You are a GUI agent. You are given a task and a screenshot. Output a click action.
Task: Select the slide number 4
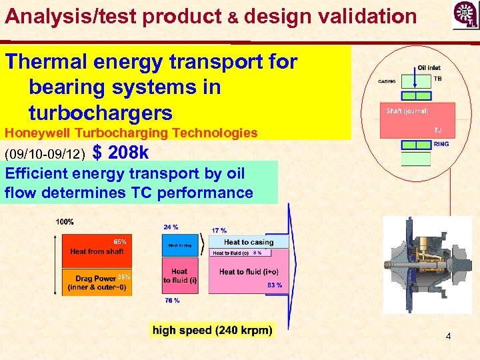tap(448, 337)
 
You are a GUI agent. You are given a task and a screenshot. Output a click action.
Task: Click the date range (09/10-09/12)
tap(45, 155)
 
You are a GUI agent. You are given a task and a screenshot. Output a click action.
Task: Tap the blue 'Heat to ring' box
tap(180, 246)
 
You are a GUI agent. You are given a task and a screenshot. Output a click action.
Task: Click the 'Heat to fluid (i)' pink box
tap(180, 276)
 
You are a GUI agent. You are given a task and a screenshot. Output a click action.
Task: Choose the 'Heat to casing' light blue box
tap(249, 242)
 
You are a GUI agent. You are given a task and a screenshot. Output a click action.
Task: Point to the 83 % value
tap(274, 285)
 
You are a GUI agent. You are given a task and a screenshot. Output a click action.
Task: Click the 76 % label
tap(172, 301)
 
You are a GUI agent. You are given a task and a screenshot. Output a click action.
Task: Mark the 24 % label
tap(171, 227)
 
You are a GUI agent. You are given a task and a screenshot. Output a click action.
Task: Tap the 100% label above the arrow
tap(65, 222)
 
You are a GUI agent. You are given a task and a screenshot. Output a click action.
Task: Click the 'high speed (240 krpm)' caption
tap(212, 330)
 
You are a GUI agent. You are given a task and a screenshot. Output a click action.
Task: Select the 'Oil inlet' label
tap(429, 68)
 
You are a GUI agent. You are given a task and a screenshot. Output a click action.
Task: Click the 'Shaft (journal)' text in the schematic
tap(407, 111)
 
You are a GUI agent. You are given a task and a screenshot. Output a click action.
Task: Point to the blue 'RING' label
tap(441, 143)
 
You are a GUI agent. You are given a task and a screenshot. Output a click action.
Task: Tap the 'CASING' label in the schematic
tap(387, 82)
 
